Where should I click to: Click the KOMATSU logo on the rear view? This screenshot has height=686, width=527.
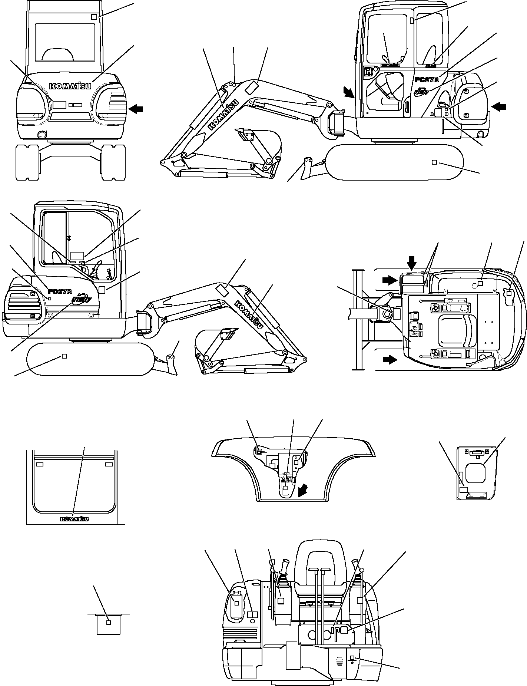70,86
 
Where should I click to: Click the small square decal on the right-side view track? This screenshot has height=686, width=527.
434,162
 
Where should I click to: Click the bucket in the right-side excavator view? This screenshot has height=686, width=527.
259,145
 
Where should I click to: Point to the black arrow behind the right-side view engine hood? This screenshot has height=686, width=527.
498,107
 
